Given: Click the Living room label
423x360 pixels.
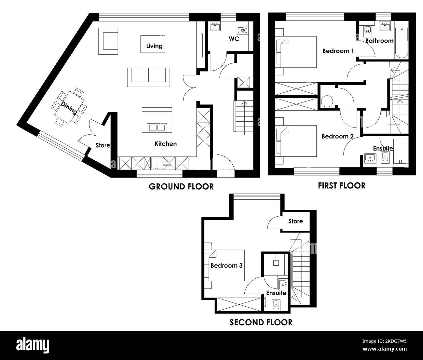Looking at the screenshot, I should coord(154,46).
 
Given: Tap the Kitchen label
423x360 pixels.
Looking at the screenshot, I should coord(166,143).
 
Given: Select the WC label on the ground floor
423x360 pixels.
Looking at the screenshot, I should coord(234,39).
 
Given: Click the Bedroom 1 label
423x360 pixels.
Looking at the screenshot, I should coord(338,51).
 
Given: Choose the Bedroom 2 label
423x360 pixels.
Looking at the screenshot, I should coord(337,136).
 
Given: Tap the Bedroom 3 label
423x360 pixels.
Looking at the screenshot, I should coord(226,265).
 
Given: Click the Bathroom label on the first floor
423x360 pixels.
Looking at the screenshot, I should coord(379,41).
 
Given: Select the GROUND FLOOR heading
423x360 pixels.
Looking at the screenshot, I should coord(181,186).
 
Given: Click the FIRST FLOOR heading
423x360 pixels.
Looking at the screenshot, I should coord(341,185).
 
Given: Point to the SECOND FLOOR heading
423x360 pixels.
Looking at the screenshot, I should coord(261,322).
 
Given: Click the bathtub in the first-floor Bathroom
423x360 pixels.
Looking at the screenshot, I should coord(402,43).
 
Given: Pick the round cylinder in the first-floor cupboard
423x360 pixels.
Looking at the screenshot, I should coord(327,101).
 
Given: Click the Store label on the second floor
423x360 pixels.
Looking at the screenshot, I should coord(295,221).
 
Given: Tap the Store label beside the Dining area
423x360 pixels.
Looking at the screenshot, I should coord(102,145).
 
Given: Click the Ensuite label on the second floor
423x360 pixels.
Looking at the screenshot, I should coord(276,293).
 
